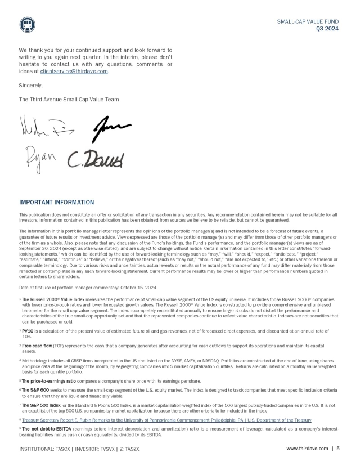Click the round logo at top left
[x=27, y=24]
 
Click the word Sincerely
[x=30, y=86]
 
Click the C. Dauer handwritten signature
[x=96, y=160]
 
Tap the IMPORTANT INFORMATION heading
[x=56, y=202]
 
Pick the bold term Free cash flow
[x=38, y=345]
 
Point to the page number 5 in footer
[x=338, y=449]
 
